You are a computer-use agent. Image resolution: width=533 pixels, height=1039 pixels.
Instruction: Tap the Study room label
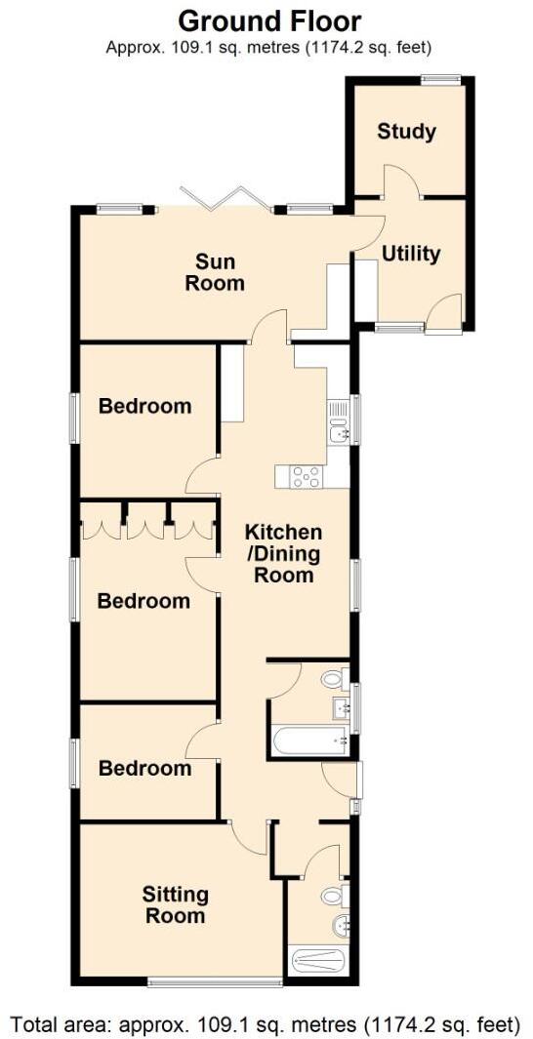[x=406, y=132]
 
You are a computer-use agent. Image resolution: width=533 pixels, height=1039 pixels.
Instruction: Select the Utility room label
[x=411, y=254]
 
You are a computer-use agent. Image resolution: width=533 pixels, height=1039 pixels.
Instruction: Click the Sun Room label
[x=219, y=272]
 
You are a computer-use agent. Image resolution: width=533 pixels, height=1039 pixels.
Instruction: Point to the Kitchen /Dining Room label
[x=283, y=553]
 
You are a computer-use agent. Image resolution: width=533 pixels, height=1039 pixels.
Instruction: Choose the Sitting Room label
[x=176, y=904]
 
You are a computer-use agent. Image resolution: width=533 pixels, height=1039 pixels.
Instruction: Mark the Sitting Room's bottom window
[x=215, y=980]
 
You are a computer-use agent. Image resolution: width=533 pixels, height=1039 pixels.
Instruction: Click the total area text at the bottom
[x=266, y=1023]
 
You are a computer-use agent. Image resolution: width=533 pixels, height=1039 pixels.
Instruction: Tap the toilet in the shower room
[x=334, y=895]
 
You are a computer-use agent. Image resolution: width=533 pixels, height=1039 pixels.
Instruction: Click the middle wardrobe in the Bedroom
[x=145, y=526]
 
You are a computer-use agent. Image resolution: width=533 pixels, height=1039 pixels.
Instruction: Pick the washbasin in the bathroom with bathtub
[x=342, y=705]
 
